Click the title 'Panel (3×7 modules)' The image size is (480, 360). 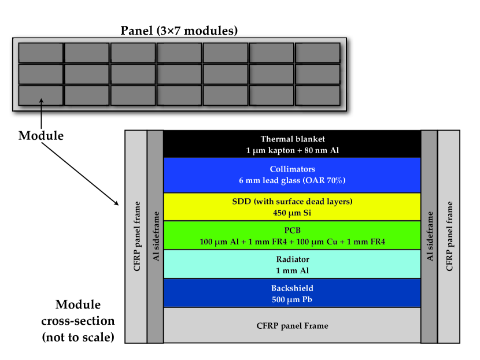click(x=179, y=31)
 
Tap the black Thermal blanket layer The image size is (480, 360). click(x=293, y=144)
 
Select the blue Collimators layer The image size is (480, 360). click(x=293, y=175)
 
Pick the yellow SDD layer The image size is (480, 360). click(x=293, y=207)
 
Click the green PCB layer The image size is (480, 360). click(x=293, y=236)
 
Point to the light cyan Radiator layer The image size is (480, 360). click(x=293, y=264)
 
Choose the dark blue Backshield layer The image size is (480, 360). click(x=293, y=293)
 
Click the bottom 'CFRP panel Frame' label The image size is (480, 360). click(x=293, y=326)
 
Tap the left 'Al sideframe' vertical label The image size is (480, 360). click(x=156, y=236)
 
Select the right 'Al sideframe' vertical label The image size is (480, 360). click(x=430, y=236)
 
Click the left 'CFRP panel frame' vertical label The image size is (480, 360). click(x=137, y=236)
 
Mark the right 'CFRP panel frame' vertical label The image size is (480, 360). click(x=449, y=236)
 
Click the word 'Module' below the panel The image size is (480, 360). click(x=41, y=136)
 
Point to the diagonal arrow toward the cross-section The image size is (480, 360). click(x=80, y=174)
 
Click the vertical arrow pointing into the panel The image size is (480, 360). click(x=41, y=113)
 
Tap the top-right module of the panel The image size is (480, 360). click(x=317, y=53)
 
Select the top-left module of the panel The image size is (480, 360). click(x=40, y=53)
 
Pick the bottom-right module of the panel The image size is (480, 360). click(x=317, y=95)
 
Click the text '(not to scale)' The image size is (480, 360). click(x=78, y=337)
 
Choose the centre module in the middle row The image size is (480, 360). click(x=179, y=74)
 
